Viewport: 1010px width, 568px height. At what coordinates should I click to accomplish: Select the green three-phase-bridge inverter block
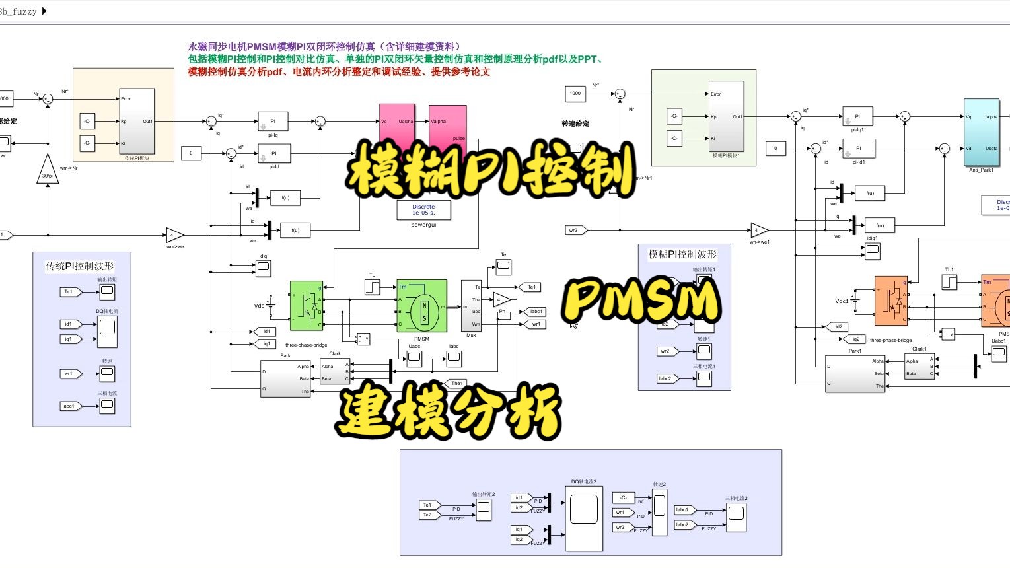tap(307, 306)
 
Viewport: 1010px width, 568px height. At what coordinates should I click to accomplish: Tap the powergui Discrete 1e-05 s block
tap(423, 210)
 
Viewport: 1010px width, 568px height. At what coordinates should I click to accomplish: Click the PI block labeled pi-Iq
tap(273, 122)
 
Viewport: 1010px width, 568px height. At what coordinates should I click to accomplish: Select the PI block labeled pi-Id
tap(273, 153)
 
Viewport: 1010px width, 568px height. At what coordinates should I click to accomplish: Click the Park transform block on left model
tap(285, 378)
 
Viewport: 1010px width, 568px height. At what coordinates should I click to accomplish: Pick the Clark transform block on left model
tap(335, 371)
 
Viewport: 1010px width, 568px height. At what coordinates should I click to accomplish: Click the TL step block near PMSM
tap(372, 287)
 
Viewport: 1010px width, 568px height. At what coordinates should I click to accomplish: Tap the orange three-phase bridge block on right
tap(890, 301)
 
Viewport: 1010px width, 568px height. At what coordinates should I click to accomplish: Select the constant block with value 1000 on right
tap(575, 94)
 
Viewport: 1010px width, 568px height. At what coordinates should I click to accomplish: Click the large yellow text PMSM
tap(641, 301)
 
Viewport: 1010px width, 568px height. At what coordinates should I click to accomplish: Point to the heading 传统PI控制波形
tap(80, 266)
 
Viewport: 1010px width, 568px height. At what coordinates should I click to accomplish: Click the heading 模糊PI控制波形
tap(682, 254)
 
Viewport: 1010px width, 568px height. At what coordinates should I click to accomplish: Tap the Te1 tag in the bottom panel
tap(428, 505)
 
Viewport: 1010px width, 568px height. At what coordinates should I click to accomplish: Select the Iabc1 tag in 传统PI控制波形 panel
tap(69, 406)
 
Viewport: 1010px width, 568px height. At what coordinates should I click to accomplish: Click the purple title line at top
tap(324, 46)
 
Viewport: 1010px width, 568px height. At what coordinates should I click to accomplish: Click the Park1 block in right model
tap(855, 374)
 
